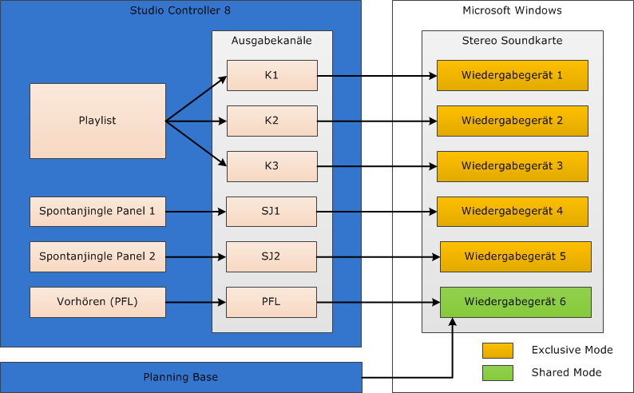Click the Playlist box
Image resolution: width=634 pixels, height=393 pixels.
pos(98,121)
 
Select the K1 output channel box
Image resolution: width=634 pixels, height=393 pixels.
pos(272,76)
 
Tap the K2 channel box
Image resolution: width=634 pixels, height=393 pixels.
pos(272,121)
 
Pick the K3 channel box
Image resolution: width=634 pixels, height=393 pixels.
pos(272,166)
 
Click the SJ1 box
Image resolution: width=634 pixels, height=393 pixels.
pos(271,212)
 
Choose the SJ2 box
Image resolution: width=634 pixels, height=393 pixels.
pos(271,256)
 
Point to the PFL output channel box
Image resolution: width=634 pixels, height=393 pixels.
pos(271,302)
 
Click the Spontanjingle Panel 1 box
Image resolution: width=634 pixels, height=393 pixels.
pos(98,212)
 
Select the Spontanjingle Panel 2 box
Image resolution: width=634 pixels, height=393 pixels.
pos(98,256)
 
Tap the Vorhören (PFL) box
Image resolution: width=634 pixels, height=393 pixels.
pos(98,302)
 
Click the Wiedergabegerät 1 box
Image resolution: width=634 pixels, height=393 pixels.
pos(513,76)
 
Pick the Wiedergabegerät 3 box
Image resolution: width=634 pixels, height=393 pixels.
pos(513,166)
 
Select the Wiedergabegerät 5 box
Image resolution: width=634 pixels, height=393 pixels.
pos(516,256)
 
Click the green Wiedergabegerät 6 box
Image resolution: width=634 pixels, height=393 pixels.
pos(516,302)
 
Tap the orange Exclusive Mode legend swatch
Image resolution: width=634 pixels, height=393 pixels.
pos(497,351)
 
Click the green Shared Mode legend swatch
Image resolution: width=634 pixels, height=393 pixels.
pos(497,373)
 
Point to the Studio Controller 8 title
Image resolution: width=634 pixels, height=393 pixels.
pos(180,10)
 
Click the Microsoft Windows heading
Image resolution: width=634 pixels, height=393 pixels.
pos(513,10)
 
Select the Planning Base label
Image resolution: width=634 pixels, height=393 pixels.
pos(180,377)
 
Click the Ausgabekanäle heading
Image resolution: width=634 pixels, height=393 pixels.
pos(271,41)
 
